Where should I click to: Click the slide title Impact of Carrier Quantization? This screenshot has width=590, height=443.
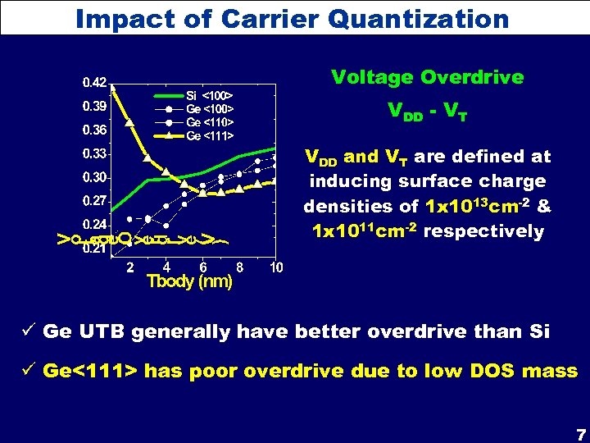(292, 17)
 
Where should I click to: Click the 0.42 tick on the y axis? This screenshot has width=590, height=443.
(93, 83)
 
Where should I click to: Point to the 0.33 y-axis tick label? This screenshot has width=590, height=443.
(93, 153)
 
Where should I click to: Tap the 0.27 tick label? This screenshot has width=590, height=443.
(93, 201)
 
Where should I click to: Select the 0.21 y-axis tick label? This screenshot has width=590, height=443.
(93, 249)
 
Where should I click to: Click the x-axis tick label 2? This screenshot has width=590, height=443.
(130, 267)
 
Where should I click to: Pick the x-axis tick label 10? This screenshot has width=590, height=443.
(276, 267)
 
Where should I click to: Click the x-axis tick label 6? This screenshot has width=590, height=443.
(203, 267)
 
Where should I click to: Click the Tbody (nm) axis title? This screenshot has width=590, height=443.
(188, 282)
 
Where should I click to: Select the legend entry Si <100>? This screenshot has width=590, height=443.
(211, 95)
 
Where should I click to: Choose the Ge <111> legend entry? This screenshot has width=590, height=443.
(211, 135)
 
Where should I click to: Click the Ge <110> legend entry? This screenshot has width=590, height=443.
(211, 122)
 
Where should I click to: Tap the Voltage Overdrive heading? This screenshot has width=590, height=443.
(427, 78)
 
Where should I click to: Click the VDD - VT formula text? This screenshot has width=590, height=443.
(426, 115)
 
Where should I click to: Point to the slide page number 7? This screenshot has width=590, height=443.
(580, 434)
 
